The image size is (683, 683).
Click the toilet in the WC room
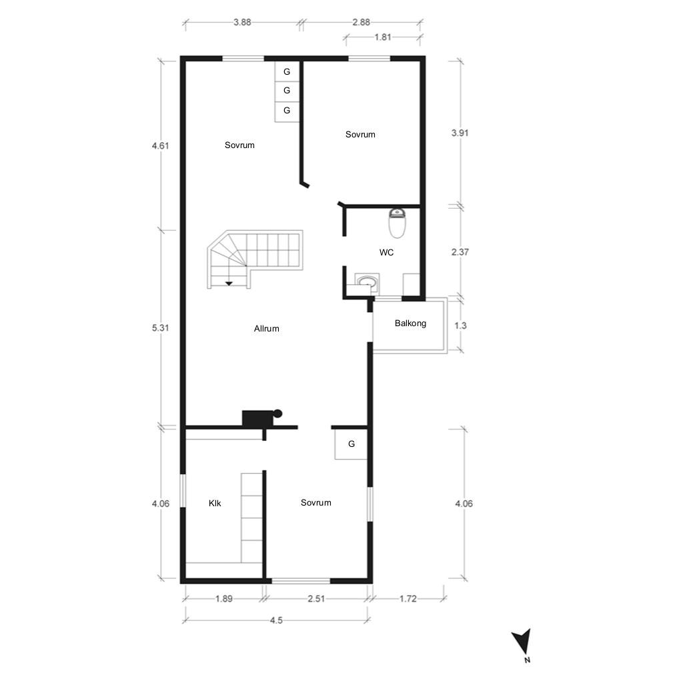tap(397, 223)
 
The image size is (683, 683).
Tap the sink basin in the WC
tap(368, 281)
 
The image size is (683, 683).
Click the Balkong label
tap(410, 323)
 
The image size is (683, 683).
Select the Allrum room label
tap(267, 328)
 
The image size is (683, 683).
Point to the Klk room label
tap(215, 503)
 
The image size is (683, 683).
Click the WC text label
tap(386, 252)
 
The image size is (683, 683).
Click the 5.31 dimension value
tap(160, 327)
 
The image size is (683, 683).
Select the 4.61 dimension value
tap(160, 145)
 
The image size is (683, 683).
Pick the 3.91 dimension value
tap(460, 133)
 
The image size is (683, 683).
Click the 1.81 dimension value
tap(383, 37)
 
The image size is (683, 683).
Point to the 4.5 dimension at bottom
tap(276, 620)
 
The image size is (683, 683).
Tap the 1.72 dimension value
tap(408, 598)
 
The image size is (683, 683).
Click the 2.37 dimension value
tap(460, 251)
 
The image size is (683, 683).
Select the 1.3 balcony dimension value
tap(460, 325)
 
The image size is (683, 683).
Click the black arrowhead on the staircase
tap(229, 283)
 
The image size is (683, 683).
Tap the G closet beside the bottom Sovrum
tap(351, 444)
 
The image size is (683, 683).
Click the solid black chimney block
tap(257, 418)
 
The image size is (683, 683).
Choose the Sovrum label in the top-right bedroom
tap(360, 134)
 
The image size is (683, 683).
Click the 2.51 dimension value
tap(316, 598)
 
